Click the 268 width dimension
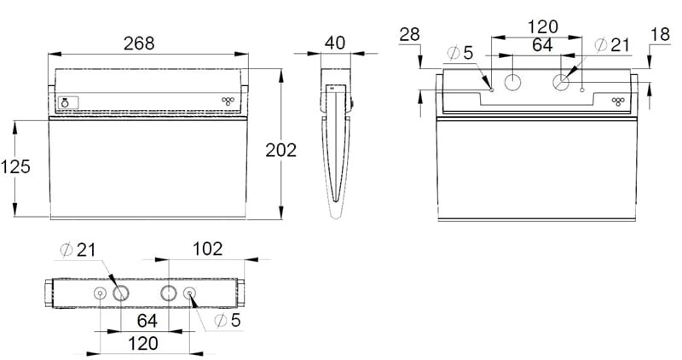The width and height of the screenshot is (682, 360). click(139, 44)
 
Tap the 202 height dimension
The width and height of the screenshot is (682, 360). click(281, 150)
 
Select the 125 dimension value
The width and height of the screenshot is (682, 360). click(15, 166)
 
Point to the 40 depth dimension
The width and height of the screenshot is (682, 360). click(335, 43)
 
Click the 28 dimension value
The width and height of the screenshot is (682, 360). click(409, 34)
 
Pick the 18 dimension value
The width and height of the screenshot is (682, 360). click(660, 34)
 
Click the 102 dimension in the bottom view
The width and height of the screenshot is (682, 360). click(207, 249)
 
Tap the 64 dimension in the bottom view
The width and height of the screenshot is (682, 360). click(147, 321)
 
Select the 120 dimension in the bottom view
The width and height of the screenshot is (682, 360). click(143, 344)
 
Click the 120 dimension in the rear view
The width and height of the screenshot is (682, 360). click(542, 27)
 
